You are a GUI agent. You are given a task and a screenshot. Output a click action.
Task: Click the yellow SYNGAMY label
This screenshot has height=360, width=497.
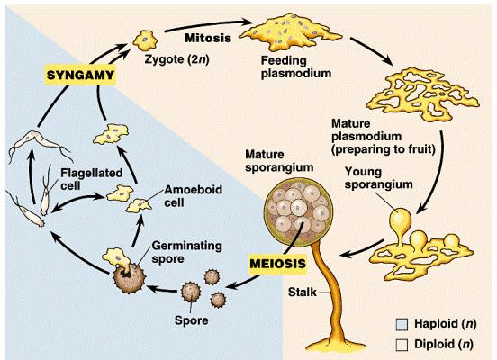pyautogui.click(x=80, y=76)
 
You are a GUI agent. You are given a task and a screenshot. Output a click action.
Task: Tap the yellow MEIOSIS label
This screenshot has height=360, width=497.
pyautogui.click(x=278, y=264)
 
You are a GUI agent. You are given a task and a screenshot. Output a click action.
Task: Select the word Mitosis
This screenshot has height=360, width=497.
pyautogui.click(x=208, y=38)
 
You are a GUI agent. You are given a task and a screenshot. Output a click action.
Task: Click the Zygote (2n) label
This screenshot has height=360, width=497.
pyautogui.click(x=176, y=59)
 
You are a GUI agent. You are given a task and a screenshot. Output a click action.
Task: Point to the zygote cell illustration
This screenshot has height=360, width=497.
pyautogui.click(x=145, y=40)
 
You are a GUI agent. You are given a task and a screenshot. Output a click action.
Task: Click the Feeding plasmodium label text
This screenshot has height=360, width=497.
pyautogui.click(x=295, y=67)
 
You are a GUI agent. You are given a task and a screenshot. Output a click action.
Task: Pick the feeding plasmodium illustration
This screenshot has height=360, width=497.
pyautogui.click(x=290, y=31)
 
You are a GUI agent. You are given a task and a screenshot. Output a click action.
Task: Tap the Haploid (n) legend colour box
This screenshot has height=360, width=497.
pyautogui.click(x=402, y=325)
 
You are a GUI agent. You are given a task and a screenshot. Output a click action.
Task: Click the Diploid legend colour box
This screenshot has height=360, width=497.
pyautogui.click(x=402, y=345)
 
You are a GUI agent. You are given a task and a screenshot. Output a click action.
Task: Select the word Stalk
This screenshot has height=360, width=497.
pyautogui.click(x=302, y=292)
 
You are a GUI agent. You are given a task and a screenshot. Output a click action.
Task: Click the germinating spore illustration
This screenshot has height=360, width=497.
pyautogui.click(x=124, y=270)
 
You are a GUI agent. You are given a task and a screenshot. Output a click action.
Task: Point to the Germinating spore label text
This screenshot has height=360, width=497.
pyautogui.click(x=186, y=252)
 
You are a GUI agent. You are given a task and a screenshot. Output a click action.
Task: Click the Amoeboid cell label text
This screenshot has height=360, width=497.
pyautogui.click(x=193, y=196)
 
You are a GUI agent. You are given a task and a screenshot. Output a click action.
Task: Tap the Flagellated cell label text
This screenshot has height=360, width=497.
pyautogui.click(x=91, y=179)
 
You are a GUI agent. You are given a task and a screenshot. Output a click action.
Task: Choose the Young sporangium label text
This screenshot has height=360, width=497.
pyautogui.click(x=378, y=178)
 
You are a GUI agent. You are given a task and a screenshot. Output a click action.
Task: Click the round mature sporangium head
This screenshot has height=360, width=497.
pyautogui.click(x=299, y=211)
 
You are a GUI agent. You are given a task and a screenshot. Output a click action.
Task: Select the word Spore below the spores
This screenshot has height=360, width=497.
pyautogui.click(x=192, y=320)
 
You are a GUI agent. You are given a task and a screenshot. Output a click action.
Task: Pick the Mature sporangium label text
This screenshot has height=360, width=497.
pyautogui.click(x=279, y=161)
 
